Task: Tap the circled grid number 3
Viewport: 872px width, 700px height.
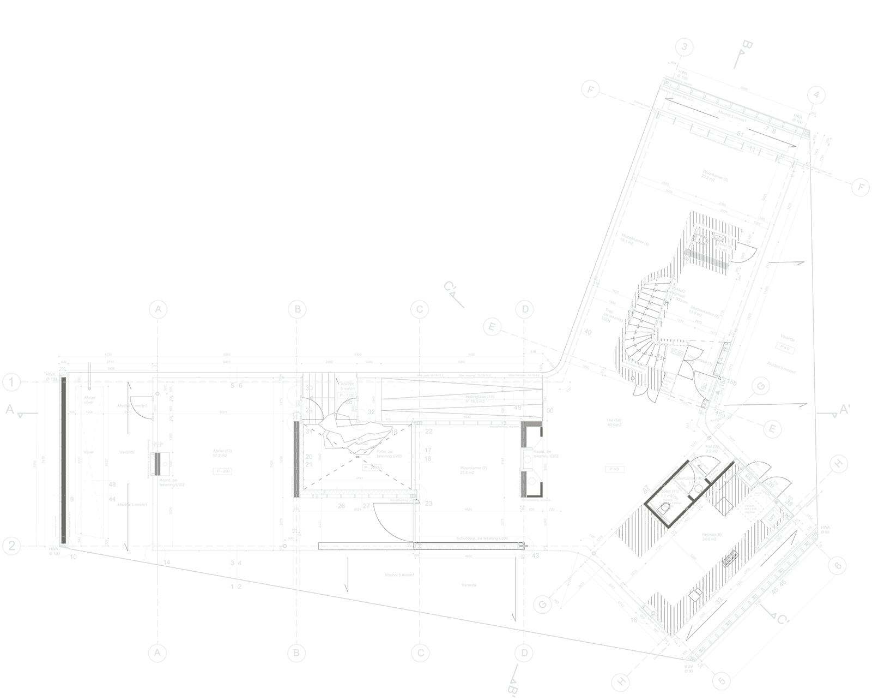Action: click(685, 47)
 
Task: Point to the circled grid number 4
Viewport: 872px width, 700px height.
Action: click(815, 95)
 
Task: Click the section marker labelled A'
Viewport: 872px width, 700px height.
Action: click(844, 410)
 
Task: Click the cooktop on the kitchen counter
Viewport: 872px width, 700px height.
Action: click(729, 560)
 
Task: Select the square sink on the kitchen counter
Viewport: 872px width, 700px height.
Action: click(695, 595)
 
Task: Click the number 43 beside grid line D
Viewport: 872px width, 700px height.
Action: click(535, 556)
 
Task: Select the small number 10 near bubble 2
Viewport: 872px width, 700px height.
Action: click(73, 557)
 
